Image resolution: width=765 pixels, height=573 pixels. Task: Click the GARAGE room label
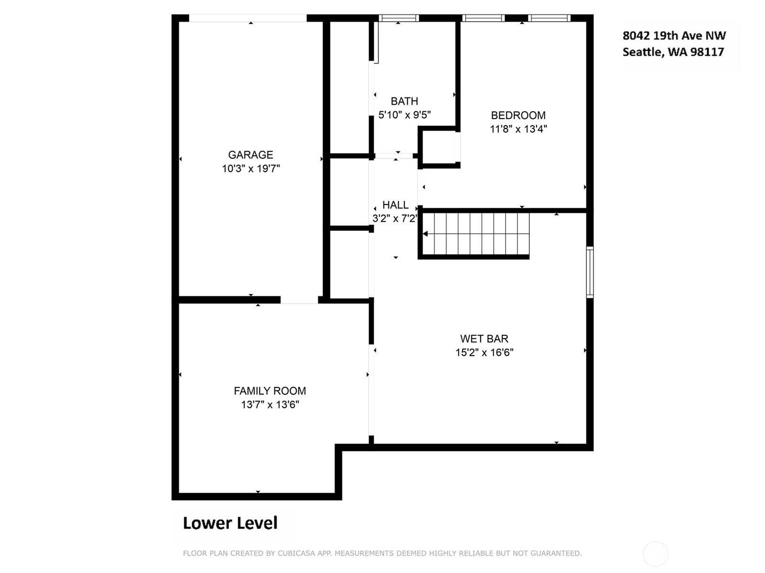click(x=250, y=155)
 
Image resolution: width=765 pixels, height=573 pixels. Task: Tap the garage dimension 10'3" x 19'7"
click(x=251, y=169)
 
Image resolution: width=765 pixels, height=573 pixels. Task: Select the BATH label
click(x=404, y=101)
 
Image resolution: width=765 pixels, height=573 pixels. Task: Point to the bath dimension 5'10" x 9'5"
click(x=404, y=115)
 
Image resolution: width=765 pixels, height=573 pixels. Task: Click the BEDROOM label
click(x=518, y=115)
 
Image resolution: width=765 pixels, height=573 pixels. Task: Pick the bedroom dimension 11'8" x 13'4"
click(x=518, y=129)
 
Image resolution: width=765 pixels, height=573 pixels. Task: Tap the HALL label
click(x=395, y=205)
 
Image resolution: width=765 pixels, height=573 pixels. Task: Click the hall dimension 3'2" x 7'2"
click(x=394, y=218)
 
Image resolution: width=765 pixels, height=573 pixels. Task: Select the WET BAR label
click(x=484, y=338)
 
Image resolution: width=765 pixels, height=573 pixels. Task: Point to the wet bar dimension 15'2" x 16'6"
click(x=484, y=353)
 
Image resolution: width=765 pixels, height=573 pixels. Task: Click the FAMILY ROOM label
click(x=269, y=391)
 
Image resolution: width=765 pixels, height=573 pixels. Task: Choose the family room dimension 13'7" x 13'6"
click(x=270, y=405)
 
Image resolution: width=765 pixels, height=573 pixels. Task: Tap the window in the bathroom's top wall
click(x=398, y=18)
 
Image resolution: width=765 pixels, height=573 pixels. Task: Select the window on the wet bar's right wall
click(x=590, y=272)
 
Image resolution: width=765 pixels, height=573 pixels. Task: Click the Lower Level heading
click(x=230, y=523)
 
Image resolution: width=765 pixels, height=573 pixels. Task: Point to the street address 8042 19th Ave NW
click(x=674, y=35)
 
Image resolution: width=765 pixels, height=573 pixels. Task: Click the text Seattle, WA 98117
click(x=673, y=52)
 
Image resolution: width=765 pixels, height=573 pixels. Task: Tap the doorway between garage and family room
click(x=299, y=300)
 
